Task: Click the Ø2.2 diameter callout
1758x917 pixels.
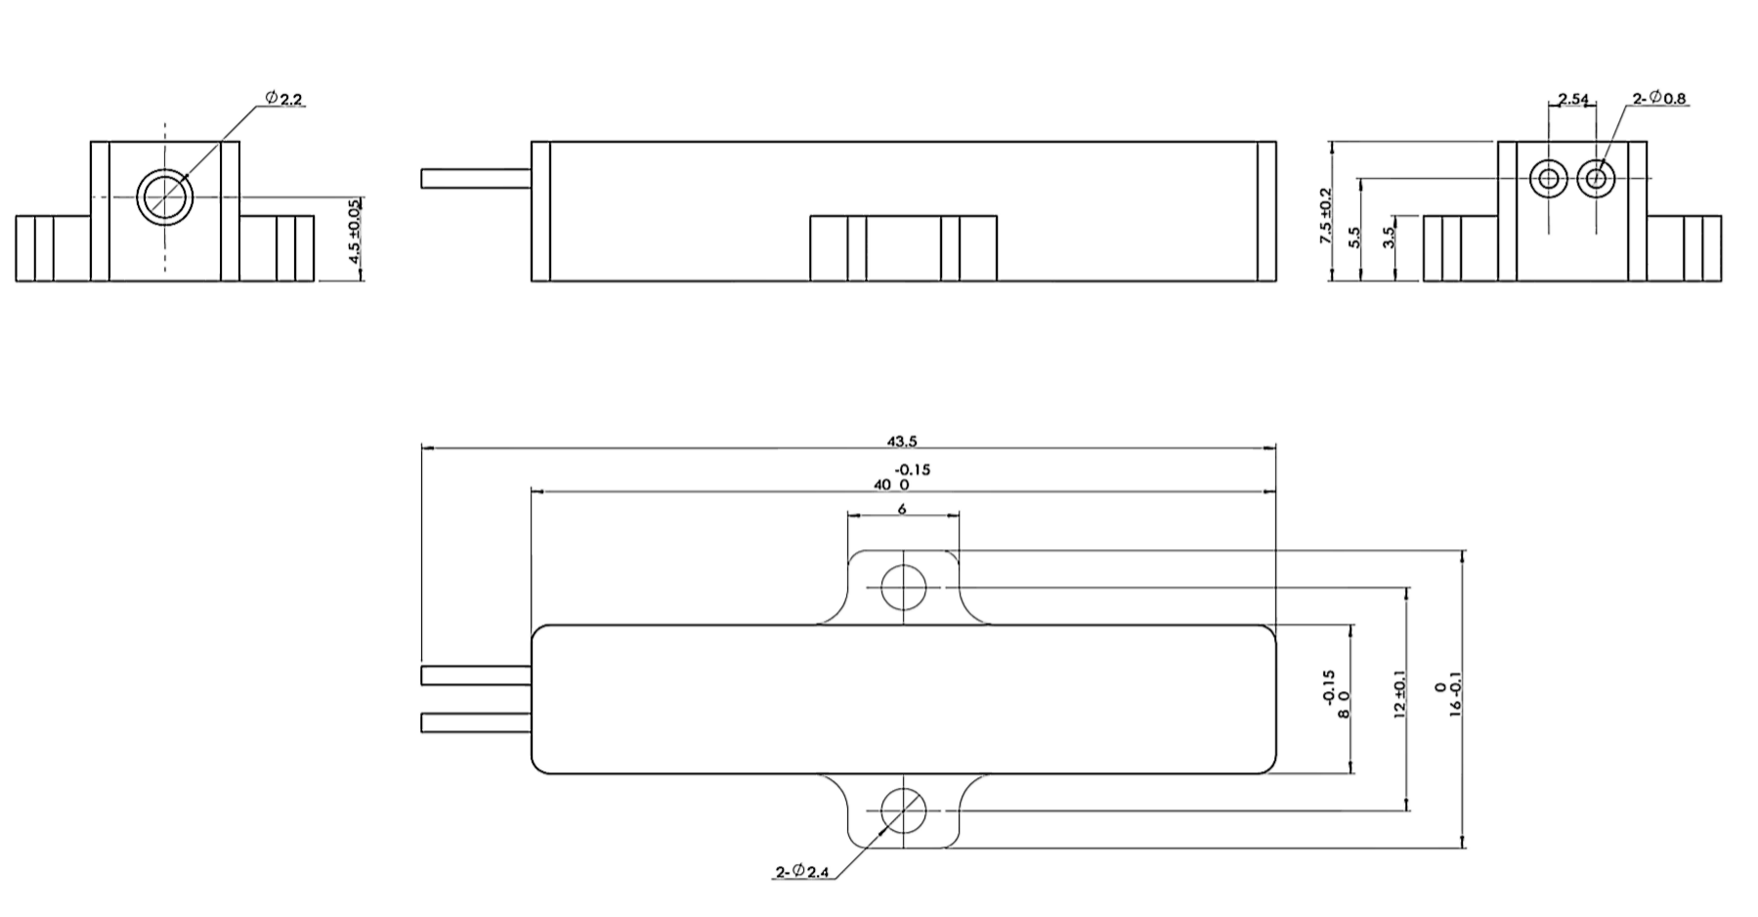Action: [283, 99]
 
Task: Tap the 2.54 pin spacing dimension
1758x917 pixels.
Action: [1573, 99]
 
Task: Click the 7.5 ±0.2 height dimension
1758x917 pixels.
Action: [1326, 216]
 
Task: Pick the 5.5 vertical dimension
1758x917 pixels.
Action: [1354, 238]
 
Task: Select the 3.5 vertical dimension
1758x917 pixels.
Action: [1389, 238]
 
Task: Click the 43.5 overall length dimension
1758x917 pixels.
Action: [901, 442]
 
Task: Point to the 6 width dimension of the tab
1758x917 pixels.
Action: [901, 509]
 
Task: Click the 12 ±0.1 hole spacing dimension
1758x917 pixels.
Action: [1398, 695]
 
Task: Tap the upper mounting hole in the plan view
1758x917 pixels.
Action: [903, 588]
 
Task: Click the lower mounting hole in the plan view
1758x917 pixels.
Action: [903, 810]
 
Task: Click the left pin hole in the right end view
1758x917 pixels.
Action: [1549, 178]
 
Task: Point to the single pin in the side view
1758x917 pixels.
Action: [476, 179]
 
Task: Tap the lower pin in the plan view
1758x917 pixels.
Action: [476, 723]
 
